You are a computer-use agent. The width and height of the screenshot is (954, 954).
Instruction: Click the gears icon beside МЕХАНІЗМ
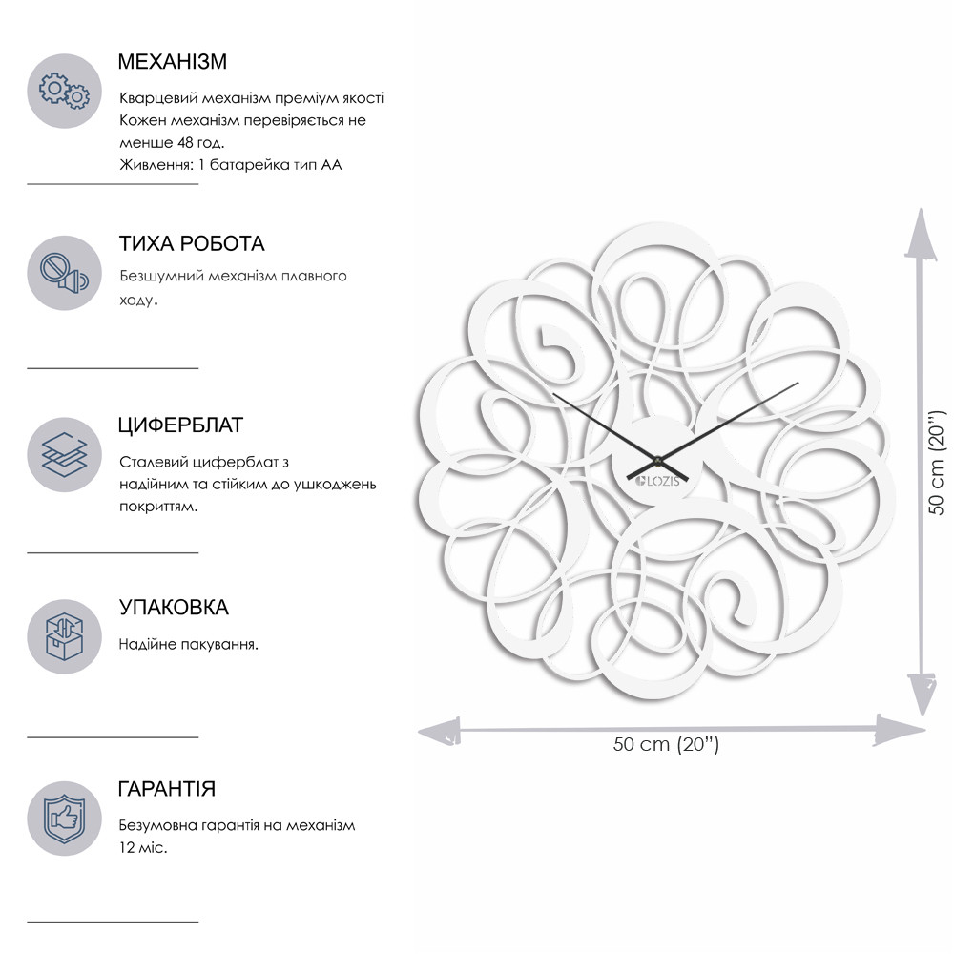(64, 91)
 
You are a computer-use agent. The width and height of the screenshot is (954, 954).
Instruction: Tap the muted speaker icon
(64, 273)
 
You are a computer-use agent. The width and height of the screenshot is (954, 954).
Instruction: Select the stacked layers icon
(64, 454)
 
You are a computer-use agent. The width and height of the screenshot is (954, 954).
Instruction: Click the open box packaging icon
(64, 637)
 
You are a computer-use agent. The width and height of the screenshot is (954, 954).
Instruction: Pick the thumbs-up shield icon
(64, 819)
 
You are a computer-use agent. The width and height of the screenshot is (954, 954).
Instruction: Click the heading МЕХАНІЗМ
(172, 62)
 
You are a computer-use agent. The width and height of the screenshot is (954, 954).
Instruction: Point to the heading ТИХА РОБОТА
(192, 243)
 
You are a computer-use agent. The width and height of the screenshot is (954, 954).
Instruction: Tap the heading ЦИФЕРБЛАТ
(180, 425)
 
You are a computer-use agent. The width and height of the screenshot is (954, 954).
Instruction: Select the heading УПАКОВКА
(174, 607)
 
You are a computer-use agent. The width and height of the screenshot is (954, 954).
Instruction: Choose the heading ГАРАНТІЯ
(167, 789)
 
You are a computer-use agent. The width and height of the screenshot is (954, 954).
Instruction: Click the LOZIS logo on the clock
(657, 481)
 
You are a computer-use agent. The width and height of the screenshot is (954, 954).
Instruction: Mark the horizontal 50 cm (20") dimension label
(666, 744)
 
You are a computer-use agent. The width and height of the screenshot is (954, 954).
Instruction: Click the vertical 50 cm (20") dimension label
(937, 463)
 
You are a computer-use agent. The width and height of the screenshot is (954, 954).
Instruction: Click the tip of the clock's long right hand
(798, 383)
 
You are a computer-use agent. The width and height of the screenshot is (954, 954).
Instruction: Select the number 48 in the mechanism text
(184, 143)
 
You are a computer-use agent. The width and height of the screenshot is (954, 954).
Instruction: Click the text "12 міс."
(143, 847)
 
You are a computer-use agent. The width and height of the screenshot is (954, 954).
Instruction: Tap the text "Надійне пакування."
(189, 644)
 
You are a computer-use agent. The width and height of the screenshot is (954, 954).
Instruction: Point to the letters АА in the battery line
(332, 165)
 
